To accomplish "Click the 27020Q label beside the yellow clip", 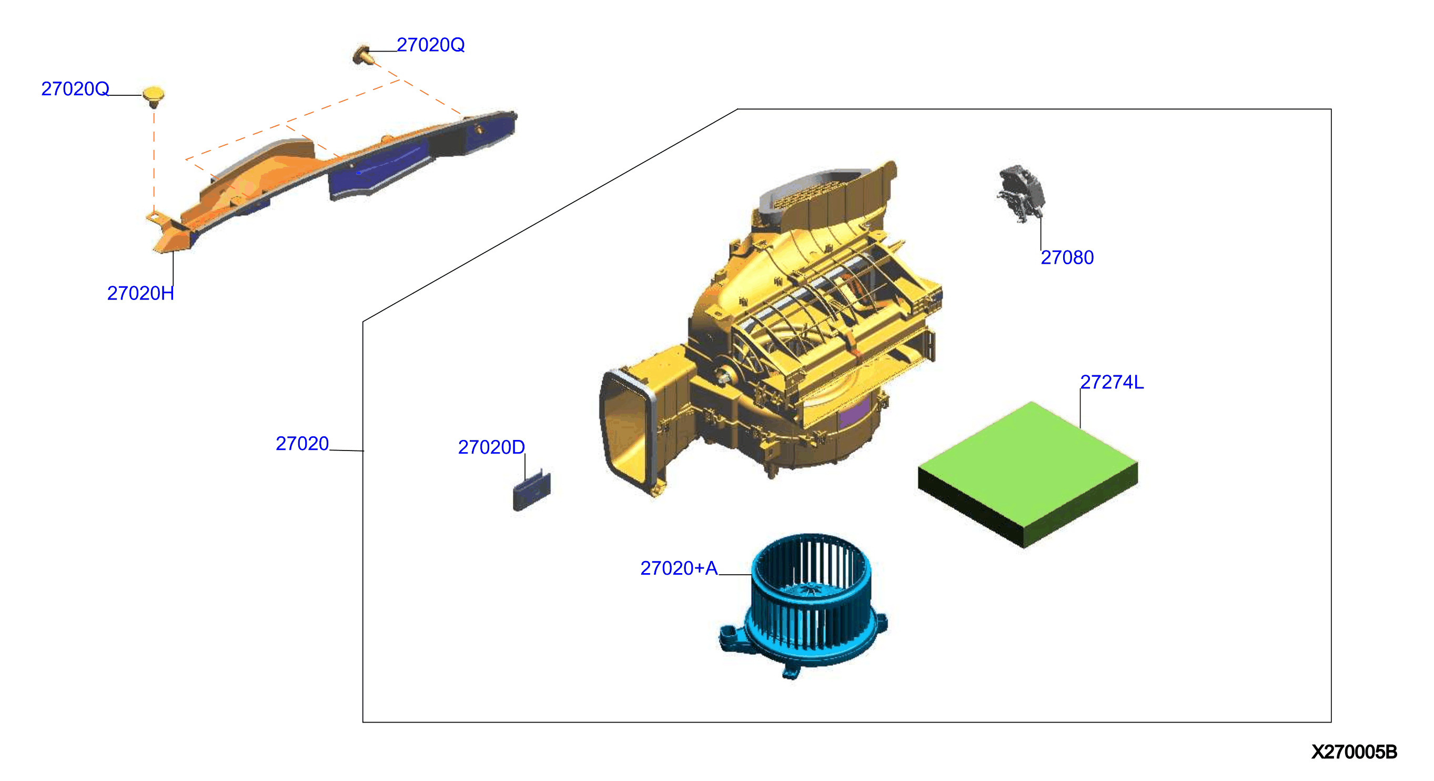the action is point(75,88).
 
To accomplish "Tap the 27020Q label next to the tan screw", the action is point(430,45).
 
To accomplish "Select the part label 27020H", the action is point(140,293).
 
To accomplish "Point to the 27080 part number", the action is point(1067,257).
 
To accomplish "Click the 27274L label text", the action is point(1112,382).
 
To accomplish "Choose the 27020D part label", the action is point(491,447).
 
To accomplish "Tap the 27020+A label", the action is point(679,568).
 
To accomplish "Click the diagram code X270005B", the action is point(1354,752).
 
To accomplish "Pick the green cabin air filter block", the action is point(1027,474).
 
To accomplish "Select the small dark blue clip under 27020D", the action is point(532,490).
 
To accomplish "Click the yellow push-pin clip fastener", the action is point(153,96).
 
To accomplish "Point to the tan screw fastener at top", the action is point(362,55).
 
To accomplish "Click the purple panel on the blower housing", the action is point(854,413).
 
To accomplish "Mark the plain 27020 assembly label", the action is point(302,444).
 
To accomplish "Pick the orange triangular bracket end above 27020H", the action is point(170,237).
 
